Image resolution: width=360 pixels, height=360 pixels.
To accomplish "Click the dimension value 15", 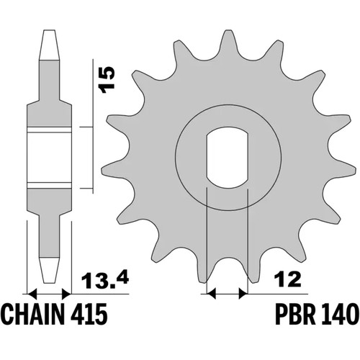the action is pos(107,80).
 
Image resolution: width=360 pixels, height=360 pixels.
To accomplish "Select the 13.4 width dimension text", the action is pos(105,279).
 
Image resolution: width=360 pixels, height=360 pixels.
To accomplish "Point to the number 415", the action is pos(89,314).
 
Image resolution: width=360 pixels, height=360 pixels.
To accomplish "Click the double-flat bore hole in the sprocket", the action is pos(227,157).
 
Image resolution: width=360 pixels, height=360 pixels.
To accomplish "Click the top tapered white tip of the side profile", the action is pos(49,45).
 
